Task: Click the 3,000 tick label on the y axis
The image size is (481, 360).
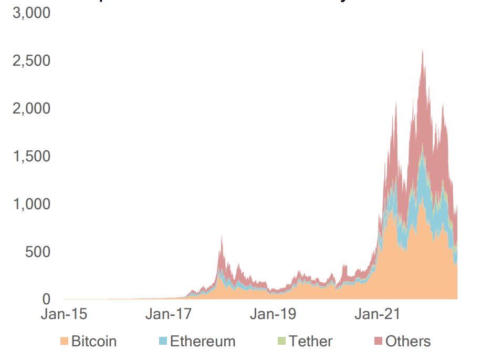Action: [31, 13]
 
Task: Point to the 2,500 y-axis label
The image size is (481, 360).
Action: [31, 60]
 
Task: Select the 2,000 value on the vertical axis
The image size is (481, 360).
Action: [31, 108]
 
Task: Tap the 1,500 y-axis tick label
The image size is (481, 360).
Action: [31, 156]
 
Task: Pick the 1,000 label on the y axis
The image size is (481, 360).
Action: [31, 204]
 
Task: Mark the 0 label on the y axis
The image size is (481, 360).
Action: [46, 300]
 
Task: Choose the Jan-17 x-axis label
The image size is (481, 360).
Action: [168, 315]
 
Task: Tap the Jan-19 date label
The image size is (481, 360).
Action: [273, 315]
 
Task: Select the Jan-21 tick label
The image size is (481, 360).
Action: [377, 315]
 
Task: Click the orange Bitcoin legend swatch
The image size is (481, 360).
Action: [65, 342]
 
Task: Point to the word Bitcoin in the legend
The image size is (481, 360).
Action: [94, 342]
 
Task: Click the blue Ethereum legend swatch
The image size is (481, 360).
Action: [163, 342]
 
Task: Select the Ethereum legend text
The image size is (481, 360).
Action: [202, 342]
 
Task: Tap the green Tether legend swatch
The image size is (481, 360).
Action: [282, 342]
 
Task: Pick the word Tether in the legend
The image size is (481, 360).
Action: [310, 342]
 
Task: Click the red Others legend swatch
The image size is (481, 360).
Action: [379, 342]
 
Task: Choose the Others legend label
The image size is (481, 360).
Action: [408, 342]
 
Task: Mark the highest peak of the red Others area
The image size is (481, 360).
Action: [423, 50]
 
